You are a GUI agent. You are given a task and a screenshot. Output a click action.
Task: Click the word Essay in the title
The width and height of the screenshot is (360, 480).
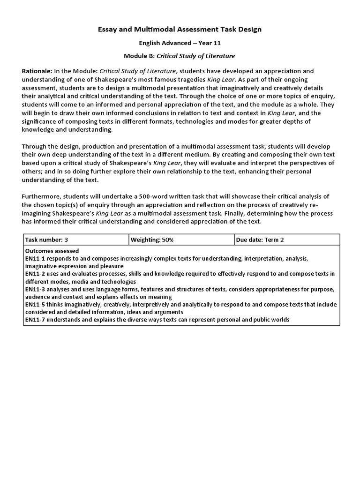point(107,30)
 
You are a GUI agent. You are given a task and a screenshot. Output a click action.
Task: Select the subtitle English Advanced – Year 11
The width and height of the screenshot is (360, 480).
point(180,43)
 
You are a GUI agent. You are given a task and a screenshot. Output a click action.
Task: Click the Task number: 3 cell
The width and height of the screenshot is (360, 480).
point(46,240)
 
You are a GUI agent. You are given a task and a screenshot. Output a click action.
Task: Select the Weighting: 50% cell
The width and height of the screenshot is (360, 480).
point(152,240)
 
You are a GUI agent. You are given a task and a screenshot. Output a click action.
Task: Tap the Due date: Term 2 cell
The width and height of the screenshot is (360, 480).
point(260,240)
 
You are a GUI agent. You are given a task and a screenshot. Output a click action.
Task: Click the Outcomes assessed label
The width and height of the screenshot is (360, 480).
point(52,251)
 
